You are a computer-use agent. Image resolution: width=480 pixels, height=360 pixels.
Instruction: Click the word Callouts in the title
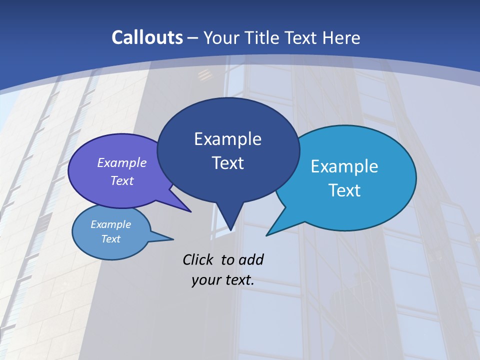click(x=147, y=37)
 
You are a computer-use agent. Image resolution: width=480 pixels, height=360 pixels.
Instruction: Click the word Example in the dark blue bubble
click(x=227, y=139)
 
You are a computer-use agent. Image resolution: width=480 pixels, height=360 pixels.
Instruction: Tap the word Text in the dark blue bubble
click(x=227, y=163)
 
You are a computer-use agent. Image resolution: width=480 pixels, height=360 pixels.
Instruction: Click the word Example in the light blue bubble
click(x=344, y=166)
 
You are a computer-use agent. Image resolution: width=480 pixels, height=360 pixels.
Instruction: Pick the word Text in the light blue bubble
click(x=344, y=190)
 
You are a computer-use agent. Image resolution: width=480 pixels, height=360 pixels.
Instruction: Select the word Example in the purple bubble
click(x=122, y=162)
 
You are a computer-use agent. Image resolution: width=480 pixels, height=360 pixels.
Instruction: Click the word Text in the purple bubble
click(x=122, y=180)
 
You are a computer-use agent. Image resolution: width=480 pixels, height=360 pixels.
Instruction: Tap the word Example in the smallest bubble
click(x=111, y=224)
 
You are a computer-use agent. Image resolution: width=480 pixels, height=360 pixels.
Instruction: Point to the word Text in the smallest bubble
click(x=111, y=239)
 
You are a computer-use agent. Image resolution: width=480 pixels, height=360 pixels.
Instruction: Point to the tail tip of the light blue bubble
click(x=267, y=235)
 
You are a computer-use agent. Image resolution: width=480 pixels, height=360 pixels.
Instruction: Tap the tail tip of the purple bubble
click(x=190, y=211)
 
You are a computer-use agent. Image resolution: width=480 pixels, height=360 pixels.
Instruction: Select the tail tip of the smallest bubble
click(x=173, y=239)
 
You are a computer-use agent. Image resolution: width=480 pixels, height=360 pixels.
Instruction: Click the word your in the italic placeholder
click(x=205, y=280)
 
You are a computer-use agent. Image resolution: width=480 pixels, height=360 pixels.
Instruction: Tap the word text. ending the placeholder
click(x=238, y=280)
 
